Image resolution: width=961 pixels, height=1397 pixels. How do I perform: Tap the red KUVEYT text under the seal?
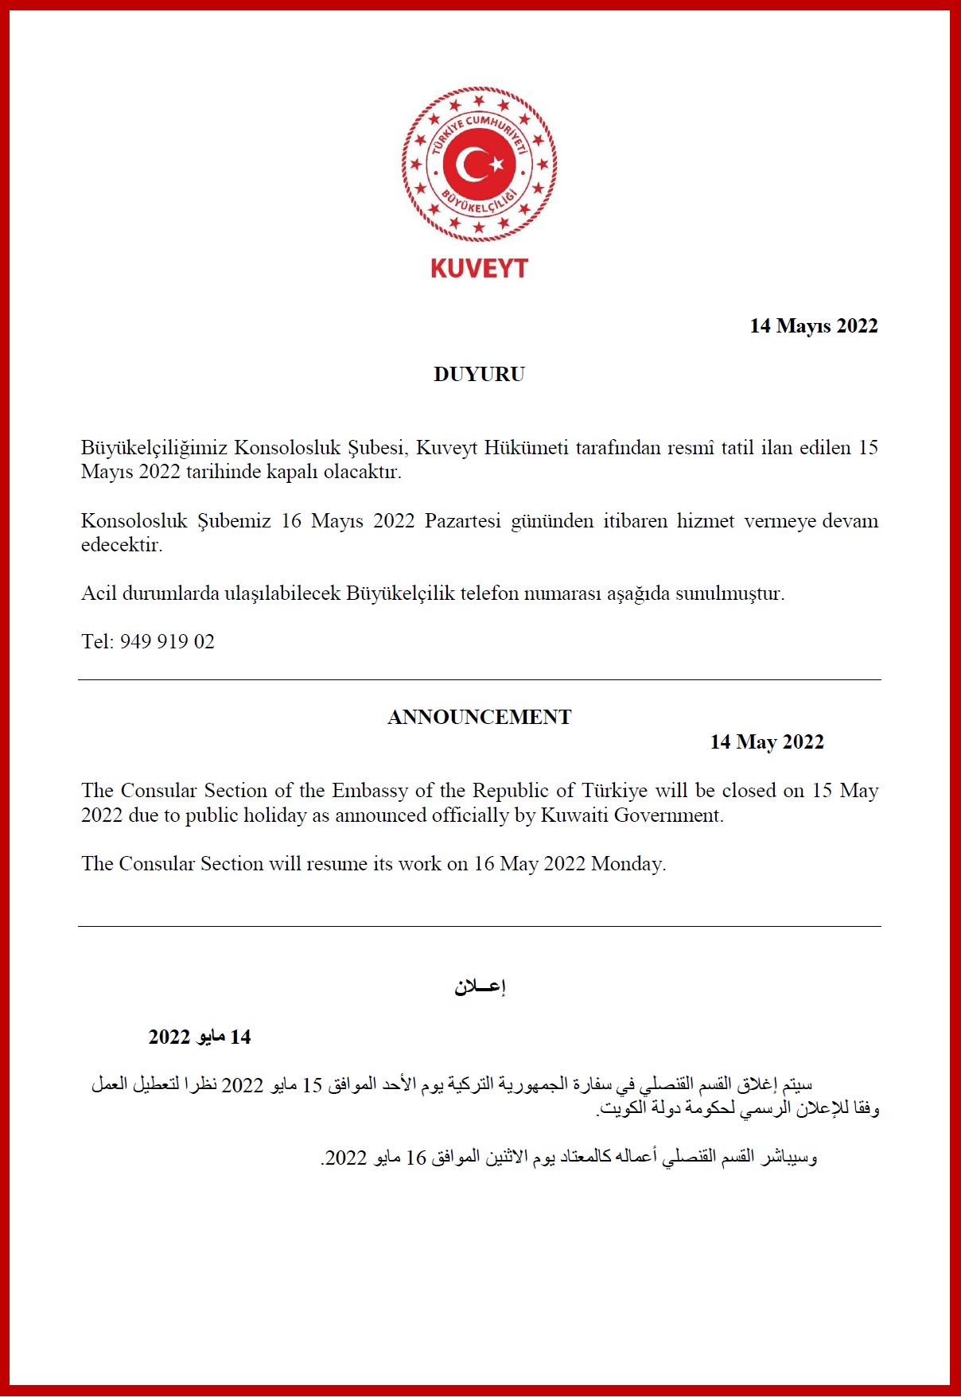click(x=479, y=268)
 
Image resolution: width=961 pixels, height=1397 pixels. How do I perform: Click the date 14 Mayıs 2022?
click(x=813, y=325)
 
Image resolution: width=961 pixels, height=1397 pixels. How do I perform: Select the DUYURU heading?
click(x=479, y=374)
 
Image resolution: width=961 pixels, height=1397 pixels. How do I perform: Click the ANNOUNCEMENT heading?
click(x=479, y=717)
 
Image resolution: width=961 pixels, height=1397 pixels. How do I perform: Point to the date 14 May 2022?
click(x=766, y=741)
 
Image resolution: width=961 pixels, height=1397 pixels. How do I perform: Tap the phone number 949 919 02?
click(x=167, y=641)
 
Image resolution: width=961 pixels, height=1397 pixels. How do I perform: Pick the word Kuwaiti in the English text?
click(x=574, y=815)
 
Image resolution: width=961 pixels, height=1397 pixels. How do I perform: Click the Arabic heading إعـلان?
click(x=480, y=986)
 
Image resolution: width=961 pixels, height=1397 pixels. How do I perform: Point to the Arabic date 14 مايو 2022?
click(x=200, y=1037)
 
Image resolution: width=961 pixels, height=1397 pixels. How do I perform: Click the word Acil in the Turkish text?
click(x=99, y=593)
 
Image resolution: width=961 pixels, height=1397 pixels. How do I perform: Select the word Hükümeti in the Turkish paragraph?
click(x=526, y=448)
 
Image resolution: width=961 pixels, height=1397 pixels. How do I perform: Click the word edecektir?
click(x=121, y=545)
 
